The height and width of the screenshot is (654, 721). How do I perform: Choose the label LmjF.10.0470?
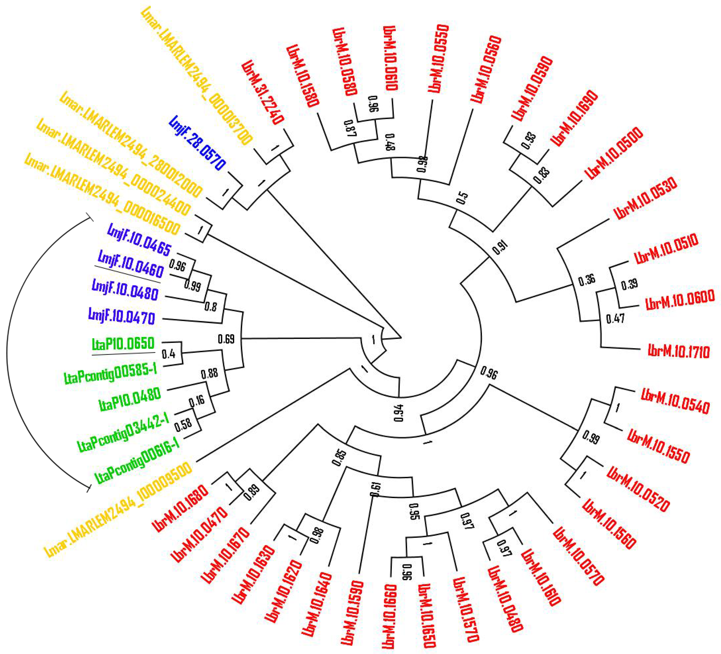pyautogui.click(x=122, y=316)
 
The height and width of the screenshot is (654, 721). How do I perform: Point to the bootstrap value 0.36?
pyautogui.click(x=587, y=280)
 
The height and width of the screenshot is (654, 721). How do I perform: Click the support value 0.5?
pyautogui.click(x=462, y=197)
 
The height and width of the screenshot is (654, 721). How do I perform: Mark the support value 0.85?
pyautogui.click(x=340, y=458)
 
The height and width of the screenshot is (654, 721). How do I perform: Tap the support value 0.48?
pyautogui.click(x=391, y=142)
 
